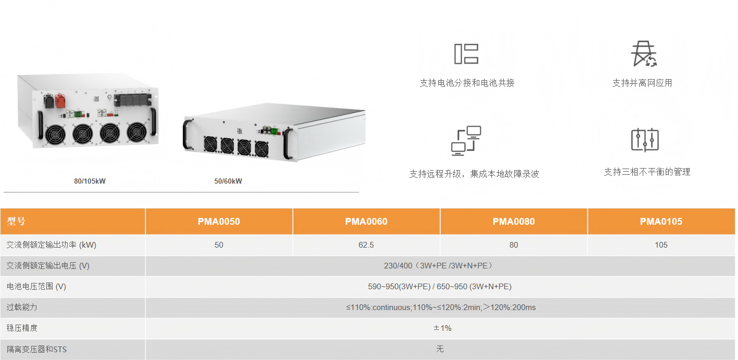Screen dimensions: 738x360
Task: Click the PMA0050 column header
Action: (219, 221)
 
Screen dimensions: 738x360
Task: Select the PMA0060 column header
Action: (366, 221)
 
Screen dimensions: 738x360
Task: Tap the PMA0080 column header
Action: (514, 221)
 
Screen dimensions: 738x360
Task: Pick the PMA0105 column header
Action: (661, 221)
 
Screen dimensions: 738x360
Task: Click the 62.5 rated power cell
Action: (366, 245)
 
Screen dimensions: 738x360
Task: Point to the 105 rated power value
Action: (661, 245)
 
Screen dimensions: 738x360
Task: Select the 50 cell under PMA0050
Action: (219, 245)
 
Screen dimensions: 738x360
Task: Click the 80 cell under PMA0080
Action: (514, 245)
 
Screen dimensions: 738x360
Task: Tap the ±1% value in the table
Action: (442, 328)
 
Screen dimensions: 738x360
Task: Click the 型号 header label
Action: (16, 221)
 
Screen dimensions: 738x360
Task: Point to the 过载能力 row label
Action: (22, 307)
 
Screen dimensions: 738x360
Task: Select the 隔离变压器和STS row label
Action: (36, 349)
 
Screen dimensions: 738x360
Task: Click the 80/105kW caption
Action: (90, 181)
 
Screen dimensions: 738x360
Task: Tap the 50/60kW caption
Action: (228, 181)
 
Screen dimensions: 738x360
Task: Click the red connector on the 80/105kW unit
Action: (60, 100)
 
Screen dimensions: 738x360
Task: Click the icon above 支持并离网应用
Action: (643, 54)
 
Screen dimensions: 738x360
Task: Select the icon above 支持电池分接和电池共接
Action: (466, 54)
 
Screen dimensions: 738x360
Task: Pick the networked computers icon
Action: (466, 140)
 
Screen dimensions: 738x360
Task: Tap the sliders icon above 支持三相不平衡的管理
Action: (645, 140)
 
